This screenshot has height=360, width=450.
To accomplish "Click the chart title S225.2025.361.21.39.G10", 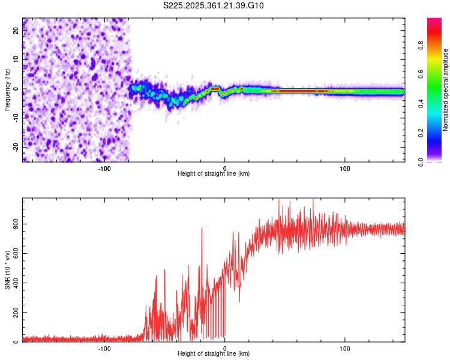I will [214, 6].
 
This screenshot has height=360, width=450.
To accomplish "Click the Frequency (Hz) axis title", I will [7, 90].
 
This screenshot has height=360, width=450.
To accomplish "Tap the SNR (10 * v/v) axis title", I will [7, 270].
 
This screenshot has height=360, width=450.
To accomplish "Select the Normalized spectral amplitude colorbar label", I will [446, 90].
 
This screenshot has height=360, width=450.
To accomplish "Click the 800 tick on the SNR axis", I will [13, 224].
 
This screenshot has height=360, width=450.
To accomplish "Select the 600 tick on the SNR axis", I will [13, 253].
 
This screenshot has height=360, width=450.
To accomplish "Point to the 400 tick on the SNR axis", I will [13, 283].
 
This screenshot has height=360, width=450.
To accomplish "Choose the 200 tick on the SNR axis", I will [13, 313].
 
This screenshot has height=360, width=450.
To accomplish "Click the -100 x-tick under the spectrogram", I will [104, 167].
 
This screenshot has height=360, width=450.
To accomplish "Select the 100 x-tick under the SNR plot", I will [345, 347].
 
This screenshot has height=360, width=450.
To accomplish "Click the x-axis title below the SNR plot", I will [214, 354].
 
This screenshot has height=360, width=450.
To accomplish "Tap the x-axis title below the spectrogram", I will [214, 174].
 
